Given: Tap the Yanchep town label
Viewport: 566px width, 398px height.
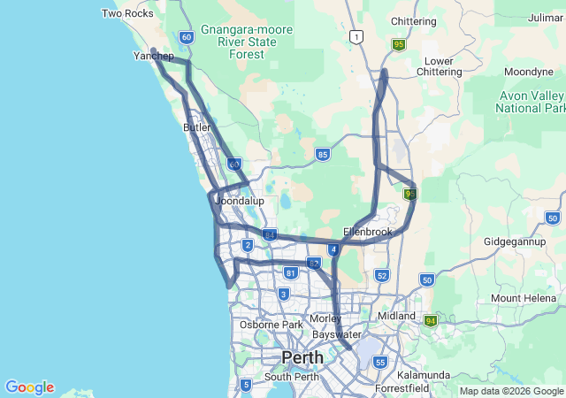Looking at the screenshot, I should (x=153, y=56).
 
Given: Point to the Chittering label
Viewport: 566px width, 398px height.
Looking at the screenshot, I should (x=413, y=21).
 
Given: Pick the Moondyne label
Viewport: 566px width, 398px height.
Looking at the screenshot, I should (x=529, y=72).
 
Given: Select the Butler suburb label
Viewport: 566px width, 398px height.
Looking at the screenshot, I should (x=197, y=127).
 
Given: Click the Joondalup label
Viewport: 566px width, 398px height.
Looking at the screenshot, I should (x=240, y=201).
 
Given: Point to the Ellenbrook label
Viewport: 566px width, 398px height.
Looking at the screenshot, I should (x=367, y=232).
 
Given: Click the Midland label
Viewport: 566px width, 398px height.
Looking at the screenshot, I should (x=395, y=316).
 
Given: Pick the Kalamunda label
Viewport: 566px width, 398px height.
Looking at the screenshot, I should (x=424, y=374).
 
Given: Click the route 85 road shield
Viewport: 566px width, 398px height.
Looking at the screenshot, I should (x=323, y=155).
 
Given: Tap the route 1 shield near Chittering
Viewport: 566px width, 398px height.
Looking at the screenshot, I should (x=356, y=36).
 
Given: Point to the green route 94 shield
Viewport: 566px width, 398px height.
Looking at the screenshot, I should (x=431, y=320).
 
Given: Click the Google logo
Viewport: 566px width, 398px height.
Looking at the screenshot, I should (x=29, y=387).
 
